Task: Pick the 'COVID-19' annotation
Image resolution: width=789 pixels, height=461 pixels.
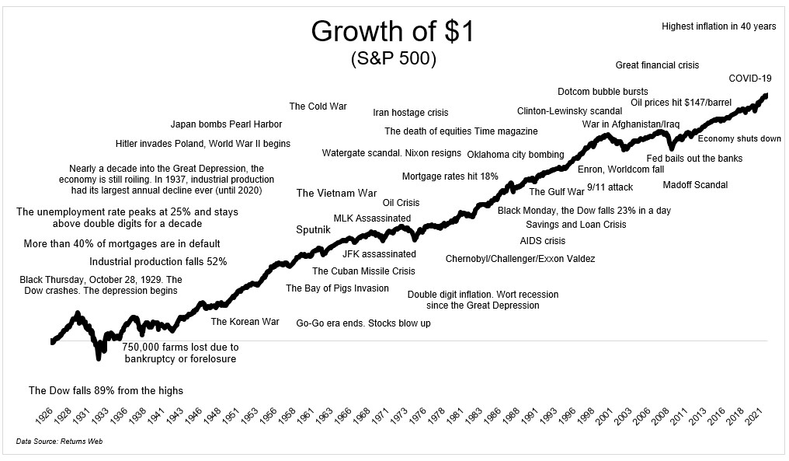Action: [749, 79]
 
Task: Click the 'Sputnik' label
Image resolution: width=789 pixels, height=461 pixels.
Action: [313, 229]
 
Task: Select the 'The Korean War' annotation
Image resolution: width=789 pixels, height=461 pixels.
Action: [245, 322]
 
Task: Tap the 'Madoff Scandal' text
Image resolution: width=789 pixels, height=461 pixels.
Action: [695, 185]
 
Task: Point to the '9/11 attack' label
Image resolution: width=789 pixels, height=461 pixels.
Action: [610, 187]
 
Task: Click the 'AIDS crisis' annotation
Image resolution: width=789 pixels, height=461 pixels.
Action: [543, 241]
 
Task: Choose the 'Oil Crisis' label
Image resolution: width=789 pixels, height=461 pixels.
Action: [401, 203]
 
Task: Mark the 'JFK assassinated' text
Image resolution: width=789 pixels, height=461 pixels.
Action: [379, 254]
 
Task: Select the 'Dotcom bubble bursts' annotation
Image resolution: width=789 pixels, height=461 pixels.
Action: [603, 92]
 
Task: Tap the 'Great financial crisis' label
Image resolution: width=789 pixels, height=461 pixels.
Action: [658, 65]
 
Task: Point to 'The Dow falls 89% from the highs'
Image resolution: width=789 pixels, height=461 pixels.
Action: [106, 390]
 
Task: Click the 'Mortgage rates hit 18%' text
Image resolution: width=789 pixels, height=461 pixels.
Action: [450, 176]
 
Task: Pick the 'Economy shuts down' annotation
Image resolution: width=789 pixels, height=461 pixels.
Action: [739, 139]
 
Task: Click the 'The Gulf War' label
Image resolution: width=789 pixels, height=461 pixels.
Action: [557, 192]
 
